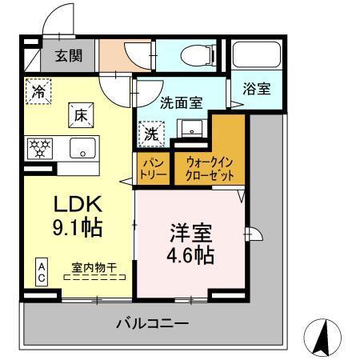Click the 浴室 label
(256, 89)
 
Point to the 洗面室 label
(181, 102)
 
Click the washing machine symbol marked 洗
(151, 134)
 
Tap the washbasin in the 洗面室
(193, 130)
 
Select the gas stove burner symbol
(38, 147)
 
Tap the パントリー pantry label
(149, 167)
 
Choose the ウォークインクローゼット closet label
(209, 167)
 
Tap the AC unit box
(39, 271)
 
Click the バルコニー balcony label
(152, 324)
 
